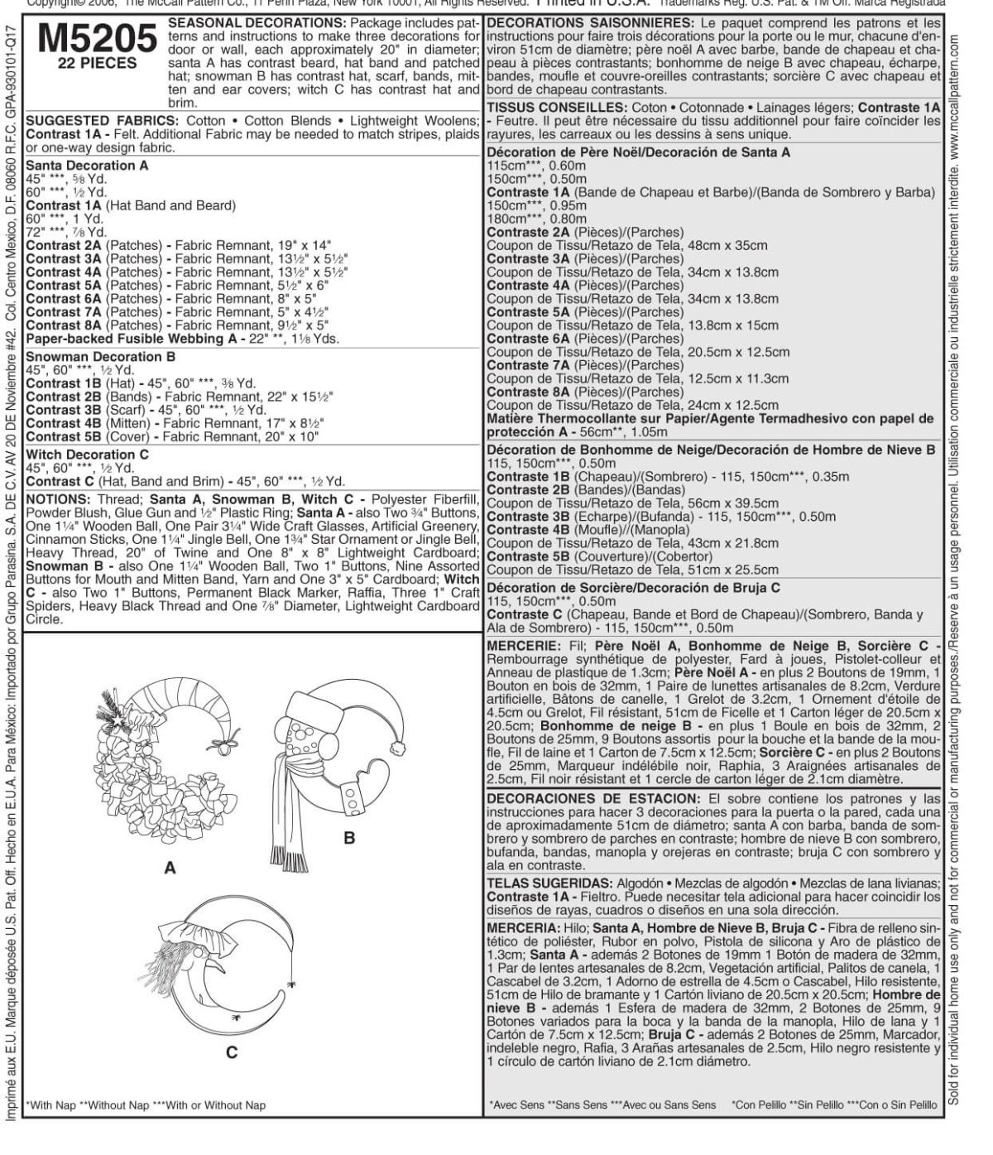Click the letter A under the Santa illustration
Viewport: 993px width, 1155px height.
(170, 868)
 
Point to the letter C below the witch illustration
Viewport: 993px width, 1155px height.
(232, 1052)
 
